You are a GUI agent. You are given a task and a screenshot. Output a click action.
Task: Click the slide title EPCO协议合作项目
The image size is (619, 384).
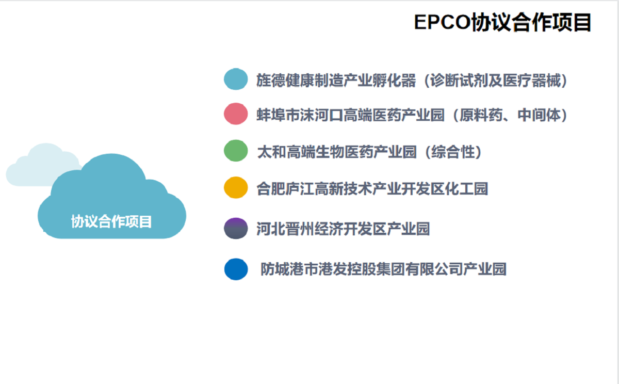(502, 22)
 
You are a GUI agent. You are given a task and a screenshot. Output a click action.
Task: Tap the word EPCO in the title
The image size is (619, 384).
(442, 22)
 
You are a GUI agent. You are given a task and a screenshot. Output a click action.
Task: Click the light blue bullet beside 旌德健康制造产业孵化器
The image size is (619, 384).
(236, 79)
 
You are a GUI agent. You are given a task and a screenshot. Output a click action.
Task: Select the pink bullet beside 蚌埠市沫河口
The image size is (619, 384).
(236, 114)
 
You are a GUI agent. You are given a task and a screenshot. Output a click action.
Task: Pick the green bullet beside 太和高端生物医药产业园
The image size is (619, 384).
(236, 151)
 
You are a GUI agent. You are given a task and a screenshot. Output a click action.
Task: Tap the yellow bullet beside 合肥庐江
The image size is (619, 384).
(236, 188)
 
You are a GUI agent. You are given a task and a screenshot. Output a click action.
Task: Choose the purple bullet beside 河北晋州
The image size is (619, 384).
(236, 228)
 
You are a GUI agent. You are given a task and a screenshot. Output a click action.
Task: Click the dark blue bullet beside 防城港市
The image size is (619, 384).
(236, 269)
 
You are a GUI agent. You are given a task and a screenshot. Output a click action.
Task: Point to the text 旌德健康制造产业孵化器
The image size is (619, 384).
(336, 81)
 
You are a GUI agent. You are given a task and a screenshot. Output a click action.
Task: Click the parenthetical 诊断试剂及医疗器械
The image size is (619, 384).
(495, 81)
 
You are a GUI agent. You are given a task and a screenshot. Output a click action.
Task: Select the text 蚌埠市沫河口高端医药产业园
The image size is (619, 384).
(350, 115)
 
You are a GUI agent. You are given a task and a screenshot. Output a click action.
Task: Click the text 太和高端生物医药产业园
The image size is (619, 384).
(337, 152)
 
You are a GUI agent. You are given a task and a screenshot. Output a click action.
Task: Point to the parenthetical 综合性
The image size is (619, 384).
(453, 152)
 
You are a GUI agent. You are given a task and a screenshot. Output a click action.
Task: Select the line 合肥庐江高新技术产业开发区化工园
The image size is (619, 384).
(372, 189)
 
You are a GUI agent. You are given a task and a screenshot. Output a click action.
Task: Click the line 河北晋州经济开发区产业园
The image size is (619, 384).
(343, 229)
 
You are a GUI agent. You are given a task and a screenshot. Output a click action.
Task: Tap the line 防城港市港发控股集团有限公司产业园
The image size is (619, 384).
(384, 269)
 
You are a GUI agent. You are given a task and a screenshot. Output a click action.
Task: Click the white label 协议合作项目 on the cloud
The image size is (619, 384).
(111, 222)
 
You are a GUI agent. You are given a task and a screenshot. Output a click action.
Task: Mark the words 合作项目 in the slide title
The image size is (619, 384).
(551, 22)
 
